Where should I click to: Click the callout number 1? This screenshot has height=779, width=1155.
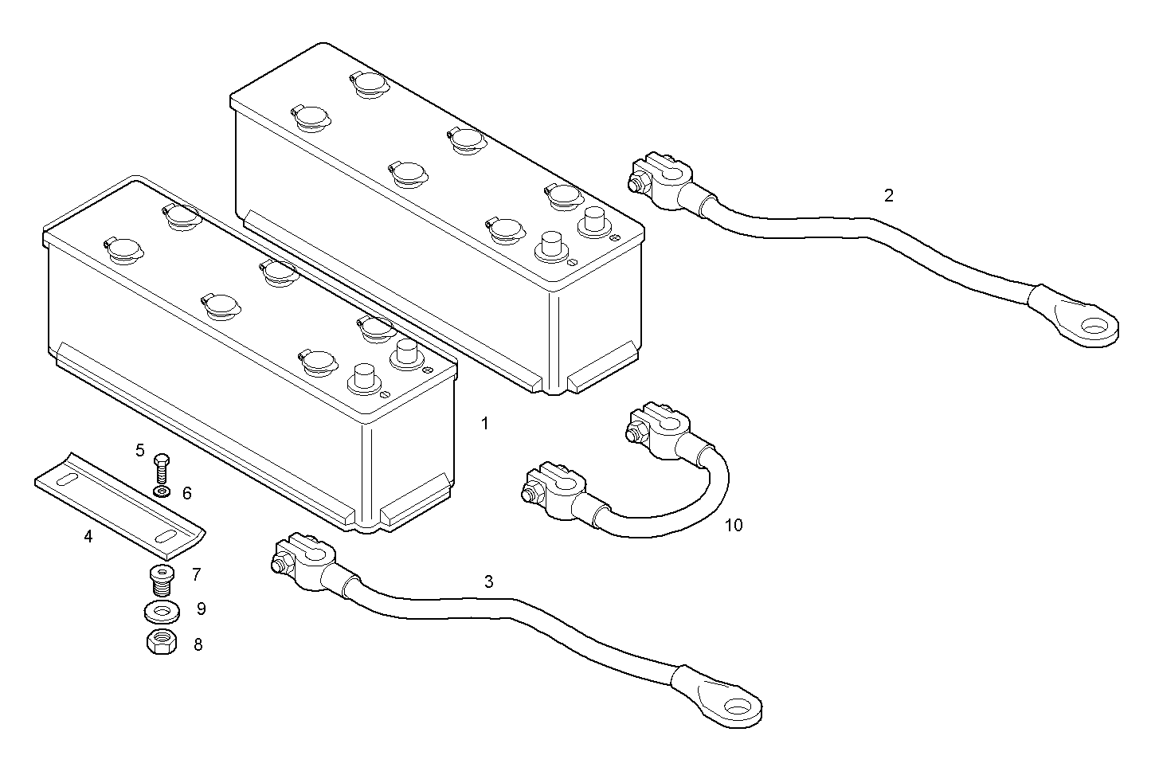click(x=484, y=424)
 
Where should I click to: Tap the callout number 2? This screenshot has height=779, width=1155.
click(x=889, y=195)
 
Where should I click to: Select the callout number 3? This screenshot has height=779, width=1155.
click(x=488, y=581)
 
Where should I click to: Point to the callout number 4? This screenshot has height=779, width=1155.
click(x=88, y=537)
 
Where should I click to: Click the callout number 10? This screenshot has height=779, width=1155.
click(x=734, y=525)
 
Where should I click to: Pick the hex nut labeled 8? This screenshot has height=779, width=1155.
click(x=162, y=641)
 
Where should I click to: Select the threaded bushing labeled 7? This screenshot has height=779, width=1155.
click(x=162, y=580)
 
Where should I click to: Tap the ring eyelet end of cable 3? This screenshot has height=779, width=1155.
click(x=726, y=699)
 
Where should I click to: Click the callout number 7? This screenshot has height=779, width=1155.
click(x=196, y=573)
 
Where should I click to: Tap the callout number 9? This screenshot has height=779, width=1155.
click(x=201, y=609)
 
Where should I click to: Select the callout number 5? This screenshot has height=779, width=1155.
click(x=140, y=451)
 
